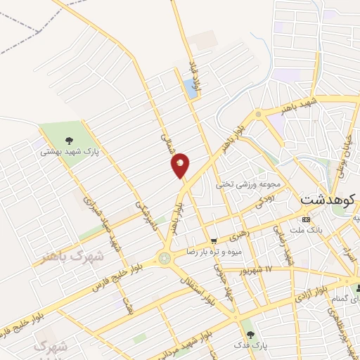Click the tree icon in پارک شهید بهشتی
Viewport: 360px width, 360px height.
click(69, 141)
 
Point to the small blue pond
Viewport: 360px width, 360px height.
click(190, 88)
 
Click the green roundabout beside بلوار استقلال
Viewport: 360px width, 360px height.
click(165, 259)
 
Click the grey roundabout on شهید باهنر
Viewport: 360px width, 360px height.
click(259, 112)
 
